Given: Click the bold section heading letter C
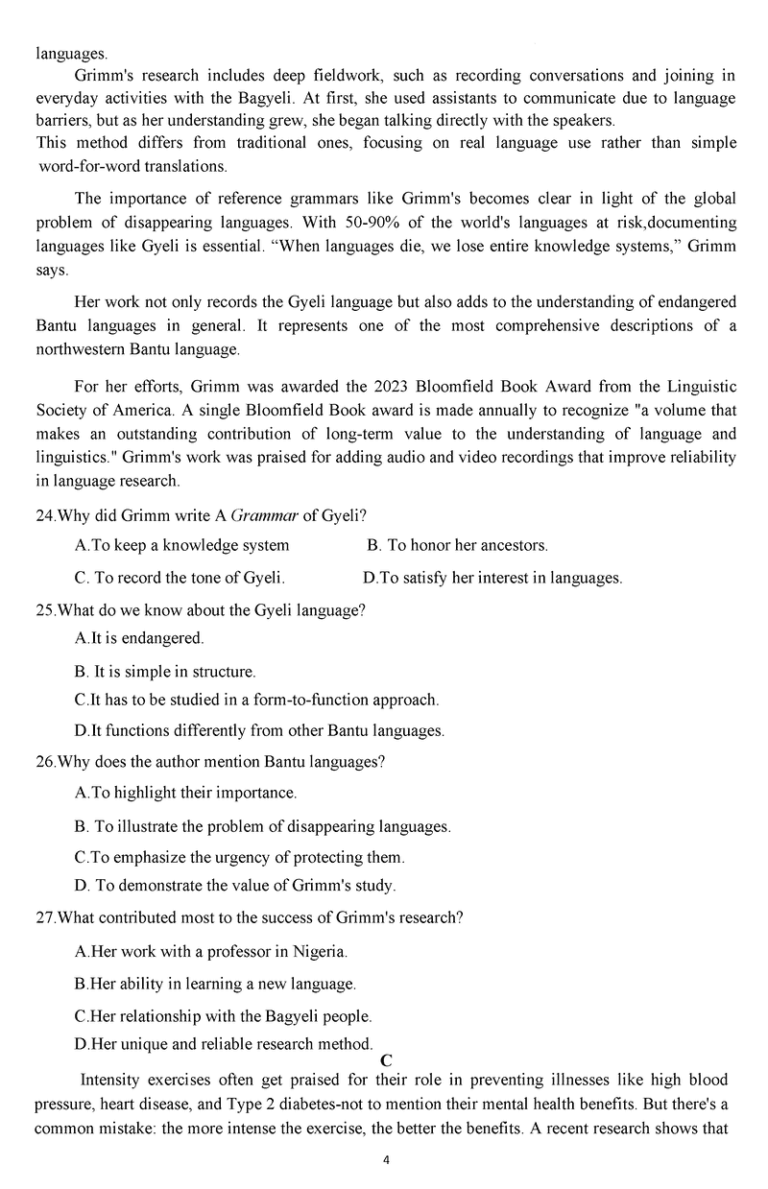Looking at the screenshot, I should [x=387, y=1060].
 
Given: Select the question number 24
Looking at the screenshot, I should [x=45, y=515].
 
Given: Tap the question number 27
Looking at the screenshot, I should [x=45, y=916].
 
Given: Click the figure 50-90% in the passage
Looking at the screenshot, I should [x=358, y=223].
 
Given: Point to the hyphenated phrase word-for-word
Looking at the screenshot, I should [x=97, y=166].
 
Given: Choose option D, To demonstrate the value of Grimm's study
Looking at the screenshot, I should [x=235, y=885].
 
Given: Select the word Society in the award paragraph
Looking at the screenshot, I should [x=62, y=410].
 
